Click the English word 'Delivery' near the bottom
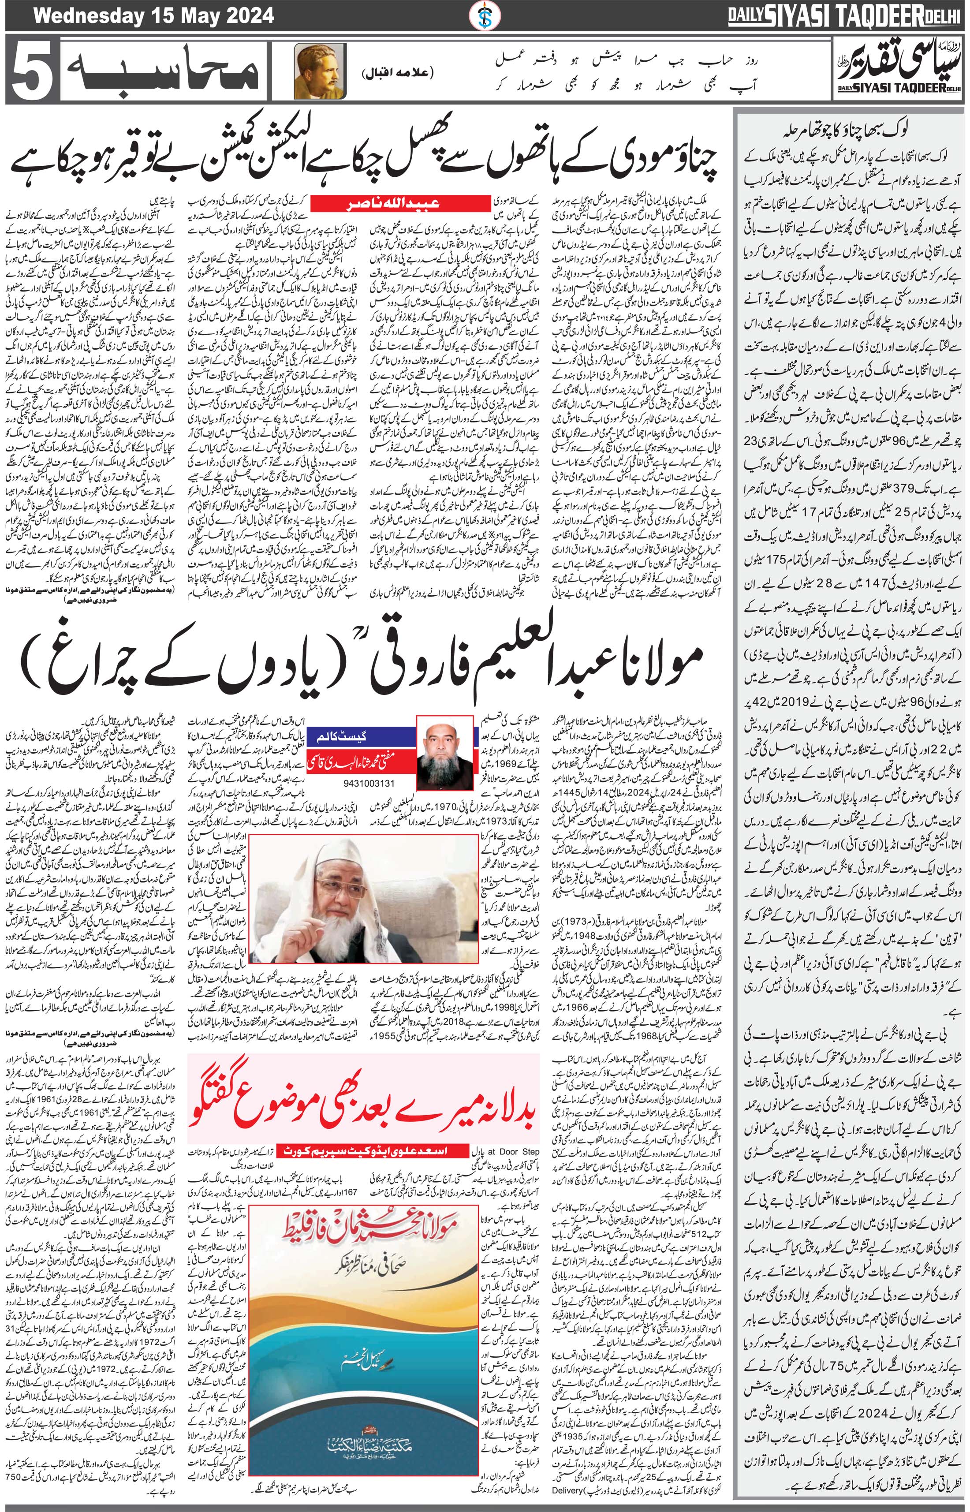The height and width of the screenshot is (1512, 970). [570, 1503]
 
